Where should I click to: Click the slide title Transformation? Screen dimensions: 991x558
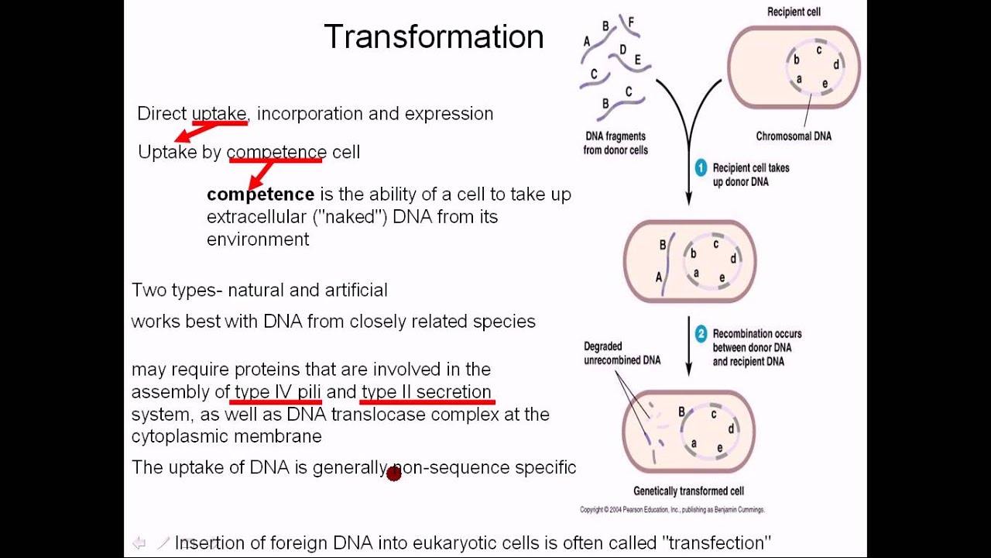[434, 36]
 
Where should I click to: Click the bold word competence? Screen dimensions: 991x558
[261, 194]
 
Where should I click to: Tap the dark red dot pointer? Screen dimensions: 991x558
[394, 474]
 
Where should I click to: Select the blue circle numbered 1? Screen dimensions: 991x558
[701, 168]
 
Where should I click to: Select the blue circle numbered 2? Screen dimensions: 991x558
[701, 334]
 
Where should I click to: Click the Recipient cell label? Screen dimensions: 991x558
[794, 12]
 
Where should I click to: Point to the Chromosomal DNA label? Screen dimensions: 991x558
[794, 136]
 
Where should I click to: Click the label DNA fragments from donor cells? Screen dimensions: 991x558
[616, 143]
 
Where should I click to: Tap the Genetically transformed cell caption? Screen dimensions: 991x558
[688, 491]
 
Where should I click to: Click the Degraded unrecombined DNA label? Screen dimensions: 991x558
[622, 353]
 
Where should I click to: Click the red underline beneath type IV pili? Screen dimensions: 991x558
[275, 402]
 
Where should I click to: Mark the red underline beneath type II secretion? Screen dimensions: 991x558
[427, 402]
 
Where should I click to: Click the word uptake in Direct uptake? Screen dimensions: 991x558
[219, 114]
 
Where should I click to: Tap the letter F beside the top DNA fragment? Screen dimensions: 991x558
[631, 22]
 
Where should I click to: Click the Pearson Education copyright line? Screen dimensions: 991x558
[672, 510]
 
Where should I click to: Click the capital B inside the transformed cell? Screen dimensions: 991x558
[681, 412]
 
